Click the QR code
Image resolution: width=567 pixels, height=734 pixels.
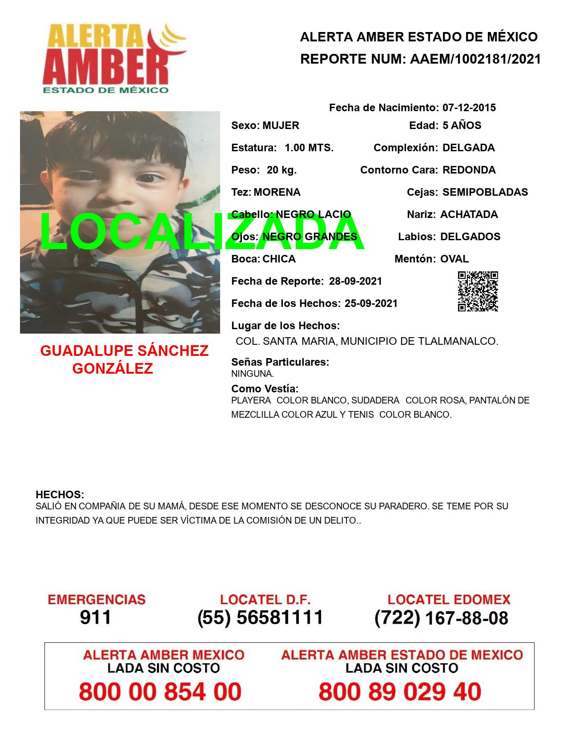[x=478, y=291]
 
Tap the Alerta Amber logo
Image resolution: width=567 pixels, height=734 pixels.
[x=114, y=58]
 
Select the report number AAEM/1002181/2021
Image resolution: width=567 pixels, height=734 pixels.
[x=475, y=59]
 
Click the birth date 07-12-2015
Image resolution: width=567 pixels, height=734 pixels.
[x=469, y=108]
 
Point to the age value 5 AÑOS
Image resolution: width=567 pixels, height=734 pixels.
[x=462, y=125]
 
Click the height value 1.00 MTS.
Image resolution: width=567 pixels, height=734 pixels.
[x=309, y=148]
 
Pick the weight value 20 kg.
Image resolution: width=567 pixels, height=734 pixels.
[x=281, y=170]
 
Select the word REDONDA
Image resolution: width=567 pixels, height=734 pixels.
[x=469, y=170]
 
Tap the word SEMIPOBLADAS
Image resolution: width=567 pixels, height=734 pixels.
[x=485, y=192]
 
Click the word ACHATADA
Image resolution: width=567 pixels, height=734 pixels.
[x=469, y=214]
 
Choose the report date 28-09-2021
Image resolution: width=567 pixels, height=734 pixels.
[x=355, y=281]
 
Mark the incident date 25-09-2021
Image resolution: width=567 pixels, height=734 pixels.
[x=371, y=303]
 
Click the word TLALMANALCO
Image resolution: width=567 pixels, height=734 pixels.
[x=458, y=341]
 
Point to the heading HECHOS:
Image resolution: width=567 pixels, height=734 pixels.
[x=60, y=495]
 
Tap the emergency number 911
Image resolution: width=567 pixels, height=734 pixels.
[x=96, y=617]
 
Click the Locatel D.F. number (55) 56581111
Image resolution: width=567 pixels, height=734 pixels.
[x=260, y=617]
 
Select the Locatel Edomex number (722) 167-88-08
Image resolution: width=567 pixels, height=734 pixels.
[x=441, y=617]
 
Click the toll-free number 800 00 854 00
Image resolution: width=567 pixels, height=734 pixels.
[x=160, y=692]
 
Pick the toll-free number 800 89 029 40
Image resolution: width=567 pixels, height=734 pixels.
[x=400, y=692]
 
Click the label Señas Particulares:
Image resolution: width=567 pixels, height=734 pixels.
[x=280, y=362]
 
